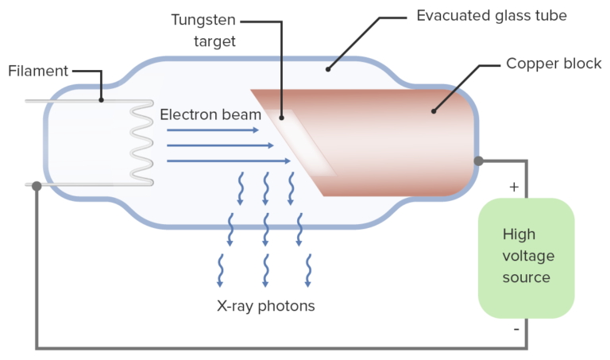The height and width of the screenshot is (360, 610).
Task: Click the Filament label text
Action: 38,71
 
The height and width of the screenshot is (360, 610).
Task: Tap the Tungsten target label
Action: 204,30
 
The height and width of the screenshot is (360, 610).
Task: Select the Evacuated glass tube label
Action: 492,16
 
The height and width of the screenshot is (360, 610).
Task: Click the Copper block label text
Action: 554,64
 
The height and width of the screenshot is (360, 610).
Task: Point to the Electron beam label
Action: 210,114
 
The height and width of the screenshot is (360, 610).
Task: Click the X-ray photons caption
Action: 266,306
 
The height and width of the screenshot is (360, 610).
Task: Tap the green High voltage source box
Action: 526,258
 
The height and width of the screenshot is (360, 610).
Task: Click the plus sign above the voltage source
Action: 514,188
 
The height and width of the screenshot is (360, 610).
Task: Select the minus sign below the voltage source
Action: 516,329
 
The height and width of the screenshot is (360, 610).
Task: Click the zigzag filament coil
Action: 142,142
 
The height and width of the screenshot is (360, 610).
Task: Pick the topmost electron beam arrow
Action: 213,130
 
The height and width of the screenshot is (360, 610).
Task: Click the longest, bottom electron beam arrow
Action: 229,161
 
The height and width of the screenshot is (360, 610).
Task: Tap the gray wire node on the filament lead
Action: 37,186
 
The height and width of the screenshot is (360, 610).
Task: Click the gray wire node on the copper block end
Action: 478,161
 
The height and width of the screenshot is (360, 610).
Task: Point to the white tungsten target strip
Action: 303,143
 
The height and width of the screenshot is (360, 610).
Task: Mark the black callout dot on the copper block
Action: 434,111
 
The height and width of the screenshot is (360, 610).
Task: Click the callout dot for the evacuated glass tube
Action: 328,69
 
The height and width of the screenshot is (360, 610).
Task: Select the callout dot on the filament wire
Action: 101,100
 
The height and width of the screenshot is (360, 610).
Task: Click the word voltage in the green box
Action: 528,256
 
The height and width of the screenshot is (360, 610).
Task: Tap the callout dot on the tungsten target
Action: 281,118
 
